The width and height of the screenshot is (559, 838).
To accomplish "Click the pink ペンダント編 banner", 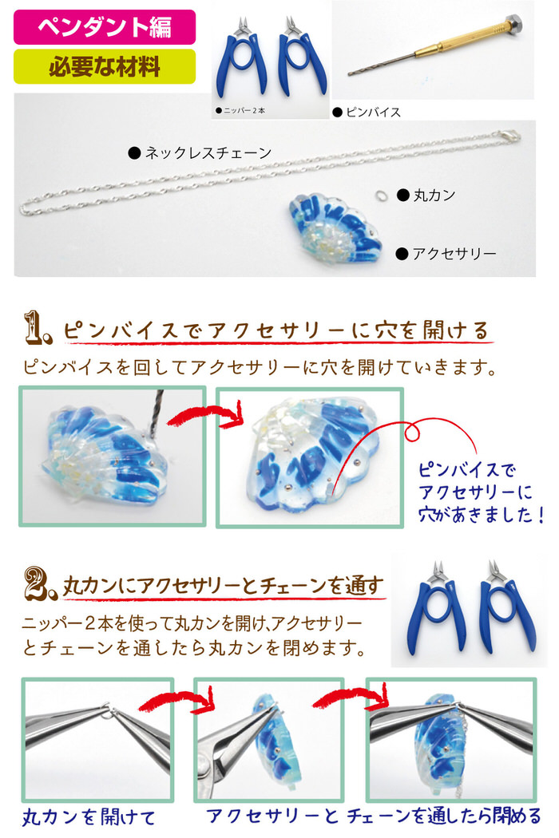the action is [105, 26].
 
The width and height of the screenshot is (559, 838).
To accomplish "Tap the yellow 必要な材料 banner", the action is [105, 67].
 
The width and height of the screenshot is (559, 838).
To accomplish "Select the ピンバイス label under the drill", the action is [367, 113].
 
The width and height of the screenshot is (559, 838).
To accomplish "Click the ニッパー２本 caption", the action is [240, 111].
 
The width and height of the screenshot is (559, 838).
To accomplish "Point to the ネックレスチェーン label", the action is [200, 153].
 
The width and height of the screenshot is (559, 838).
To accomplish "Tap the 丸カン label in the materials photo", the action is [426, 195].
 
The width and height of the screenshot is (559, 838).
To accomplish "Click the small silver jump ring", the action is [380, 196].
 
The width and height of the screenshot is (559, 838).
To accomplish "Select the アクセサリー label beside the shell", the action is [446, 253].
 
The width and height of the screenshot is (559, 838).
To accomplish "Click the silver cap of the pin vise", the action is [514, 22].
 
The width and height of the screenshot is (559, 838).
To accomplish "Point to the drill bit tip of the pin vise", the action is [351, 73].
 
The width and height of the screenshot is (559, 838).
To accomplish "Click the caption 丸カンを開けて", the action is [89, 816].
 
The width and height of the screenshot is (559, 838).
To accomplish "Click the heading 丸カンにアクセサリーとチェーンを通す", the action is [224, 587].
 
